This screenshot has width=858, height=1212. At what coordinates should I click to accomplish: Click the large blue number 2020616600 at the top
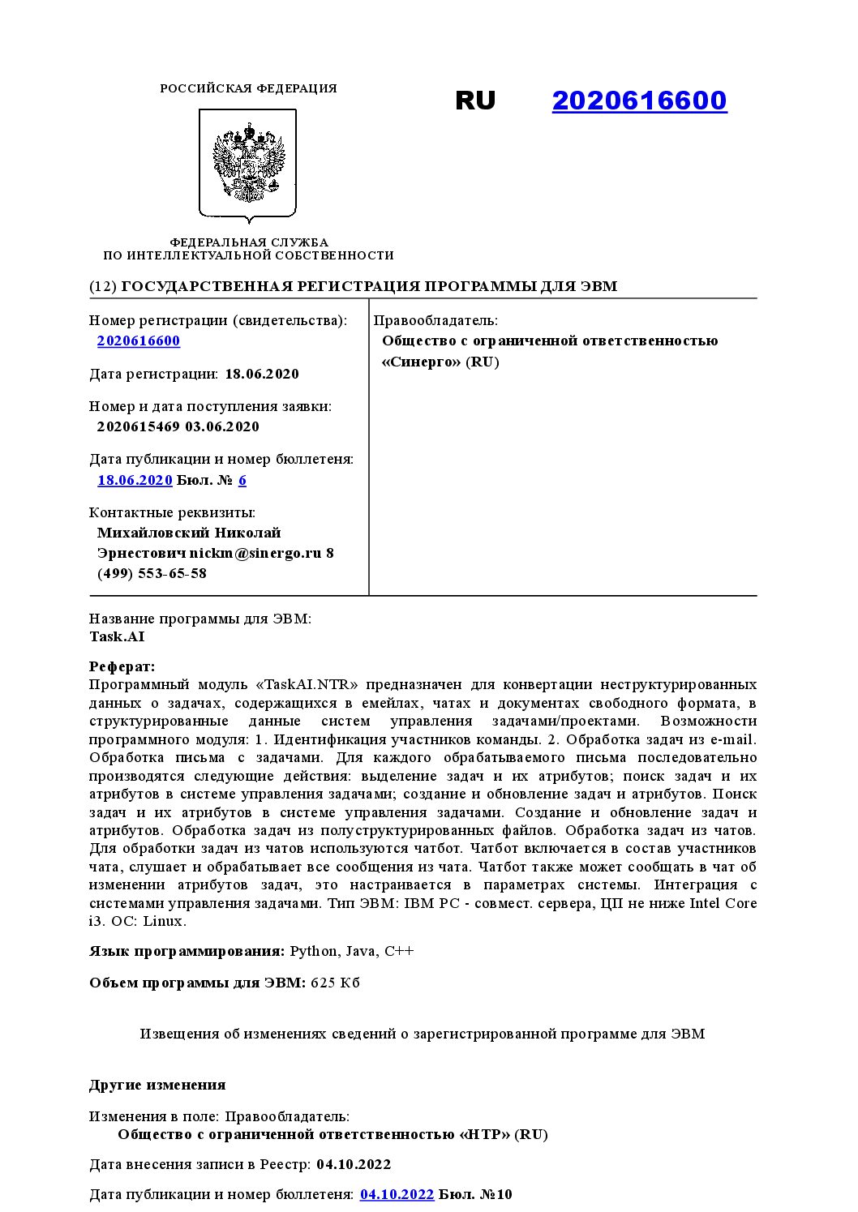639,101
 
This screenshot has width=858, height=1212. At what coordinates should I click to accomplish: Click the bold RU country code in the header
475,101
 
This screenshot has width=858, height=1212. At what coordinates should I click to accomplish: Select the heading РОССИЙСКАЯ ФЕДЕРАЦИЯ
248,88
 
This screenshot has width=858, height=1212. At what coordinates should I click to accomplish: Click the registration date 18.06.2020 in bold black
262,374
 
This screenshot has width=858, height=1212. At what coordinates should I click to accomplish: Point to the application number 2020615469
138,426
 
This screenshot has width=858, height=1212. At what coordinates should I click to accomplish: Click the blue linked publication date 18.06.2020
135,480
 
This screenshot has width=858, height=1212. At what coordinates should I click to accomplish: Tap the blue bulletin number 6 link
242,480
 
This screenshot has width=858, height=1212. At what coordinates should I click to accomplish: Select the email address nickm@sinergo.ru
256,553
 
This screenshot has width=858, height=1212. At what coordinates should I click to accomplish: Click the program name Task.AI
117,636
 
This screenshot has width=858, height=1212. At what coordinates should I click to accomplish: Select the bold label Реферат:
122,666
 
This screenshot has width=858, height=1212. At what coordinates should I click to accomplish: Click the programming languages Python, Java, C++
352,951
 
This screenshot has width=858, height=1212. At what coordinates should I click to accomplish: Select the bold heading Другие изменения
157,1085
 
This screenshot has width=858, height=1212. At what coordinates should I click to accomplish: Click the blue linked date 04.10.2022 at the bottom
397,1194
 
